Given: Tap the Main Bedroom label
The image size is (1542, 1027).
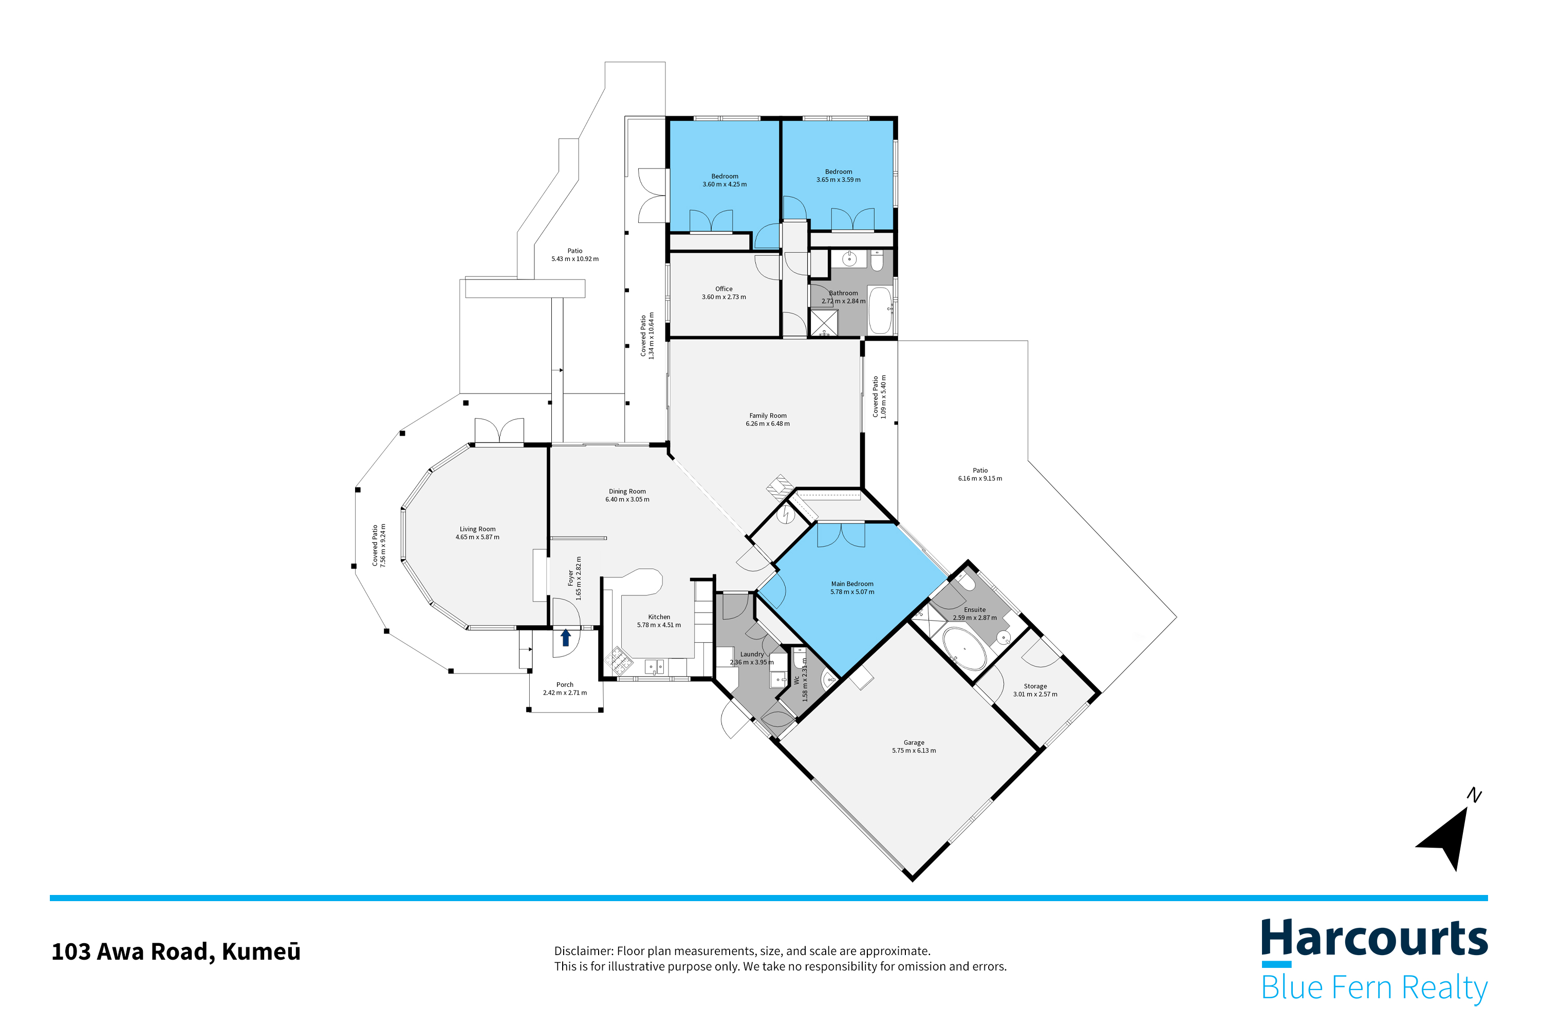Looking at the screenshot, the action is click(x=851, y=584).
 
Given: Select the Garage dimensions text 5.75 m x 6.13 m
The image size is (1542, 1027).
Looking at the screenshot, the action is click(x=914, y=751).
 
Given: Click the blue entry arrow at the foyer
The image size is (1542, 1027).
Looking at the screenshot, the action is click(x=566, y=637).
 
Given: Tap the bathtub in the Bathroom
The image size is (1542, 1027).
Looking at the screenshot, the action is click(x=880, y=310).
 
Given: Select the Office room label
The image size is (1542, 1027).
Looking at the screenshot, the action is click(x=724, y=289).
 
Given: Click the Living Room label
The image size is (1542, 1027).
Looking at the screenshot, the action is click(x=477, y=529).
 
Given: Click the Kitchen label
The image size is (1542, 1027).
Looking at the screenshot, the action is click(x=659, y=617).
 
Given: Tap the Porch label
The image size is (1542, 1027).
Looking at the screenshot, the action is click(x=565, y=684).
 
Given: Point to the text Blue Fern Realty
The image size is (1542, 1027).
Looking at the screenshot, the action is click(x=1374, y=988).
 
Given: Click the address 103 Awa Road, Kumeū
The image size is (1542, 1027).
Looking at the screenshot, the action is click(x=176, y=951).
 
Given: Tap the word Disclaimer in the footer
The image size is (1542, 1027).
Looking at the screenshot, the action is click(x=584, y=951).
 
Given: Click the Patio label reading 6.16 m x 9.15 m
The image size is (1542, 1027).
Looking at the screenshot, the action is click(x=980, y=479).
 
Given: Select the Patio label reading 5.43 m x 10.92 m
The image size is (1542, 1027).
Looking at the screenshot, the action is click(x=575, y=259).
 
